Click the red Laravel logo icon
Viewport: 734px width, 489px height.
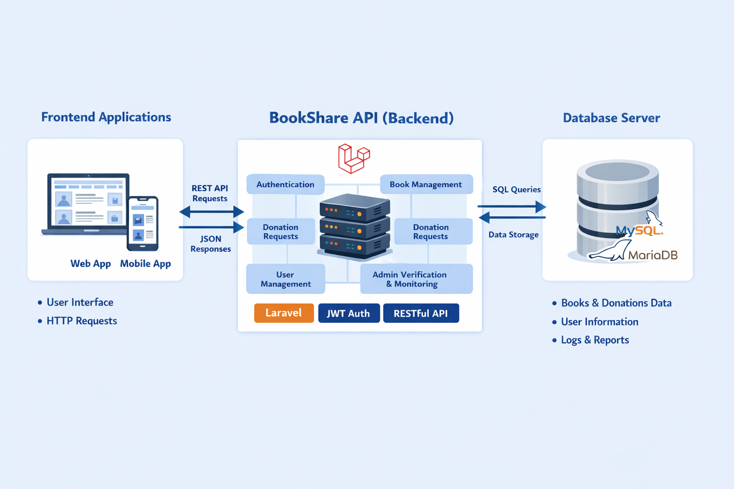point(354,159)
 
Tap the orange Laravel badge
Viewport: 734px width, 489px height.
point(284,313)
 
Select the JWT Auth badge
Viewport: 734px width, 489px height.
point(349,313)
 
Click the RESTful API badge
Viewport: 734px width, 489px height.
point(421,313)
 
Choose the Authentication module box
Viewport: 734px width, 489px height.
point(285,184)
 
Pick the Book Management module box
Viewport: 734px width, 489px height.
point(426,184)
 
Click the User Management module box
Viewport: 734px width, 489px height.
point(285,279)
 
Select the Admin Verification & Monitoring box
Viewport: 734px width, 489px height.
point(416,279)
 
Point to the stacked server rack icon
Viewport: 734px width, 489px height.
point(354,226)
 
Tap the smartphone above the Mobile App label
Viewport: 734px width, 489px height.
point(142,223)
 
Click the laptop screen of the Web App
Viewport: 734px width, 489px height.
point(88,202)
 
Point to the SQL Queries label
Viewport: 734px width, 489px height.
point(517,190)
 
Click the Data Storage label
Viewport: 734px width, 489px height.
point(513,235)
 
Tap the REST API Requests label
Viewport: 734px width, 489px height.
point(210,193)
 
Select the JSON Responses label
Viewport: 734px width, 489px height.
point(210,244)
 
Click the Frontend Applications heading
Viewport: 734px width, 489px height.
point(106,117)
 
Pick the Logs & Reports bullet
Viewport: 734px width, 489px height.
point(594,340)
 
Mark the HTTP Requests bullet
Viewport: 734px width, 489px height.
point(81,321)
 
